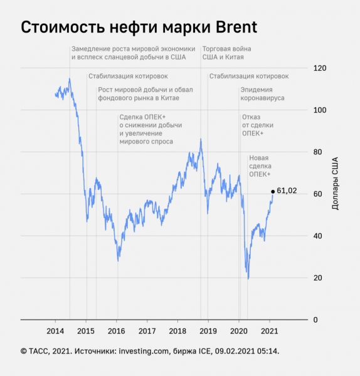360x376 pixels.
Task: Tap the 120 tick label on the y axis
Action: tap(320, 68)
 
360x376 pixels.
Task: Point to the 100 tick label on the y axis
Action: tap(320, 110)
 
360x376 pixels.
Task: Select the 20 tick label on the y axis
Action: tap(319, 278)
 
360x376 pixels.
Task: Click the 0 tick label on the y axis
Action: tap(316, 320)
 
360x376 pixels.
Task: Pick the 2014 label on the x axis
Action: tap(55, 331)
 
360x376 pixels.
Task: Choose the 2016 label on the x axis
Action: tap(117, 331)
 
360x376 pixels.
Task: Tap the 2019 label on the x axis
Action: tap(208, 331)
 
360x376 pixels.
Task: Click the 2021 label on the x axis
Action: tap(270, 331)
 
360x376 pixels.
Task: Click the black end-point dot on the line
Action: tap(273, 191)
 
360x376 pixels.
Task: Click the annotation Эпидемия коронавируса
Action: tap(262, 94)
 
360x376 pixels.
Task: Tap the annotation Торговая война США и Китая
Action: tap(223, 53)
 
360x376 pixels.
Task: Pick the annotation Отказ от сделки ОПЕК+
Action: tap(253, 125)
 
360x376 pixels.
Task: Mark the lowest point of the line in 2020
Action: tap(248, 279)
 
